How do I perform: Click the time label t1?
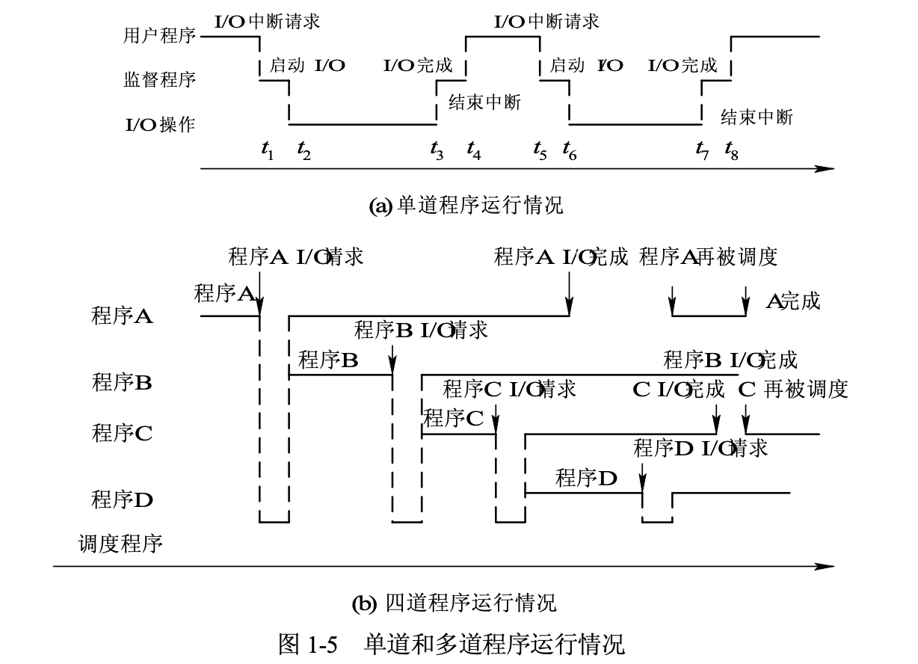coord(267,151)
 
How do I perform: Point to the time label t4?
coord(474,151)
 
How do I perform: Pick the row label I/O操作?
coord(159,124)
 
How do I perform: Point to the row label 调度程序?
coord(120,544)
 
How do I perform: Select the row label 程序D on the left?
coord(122,499)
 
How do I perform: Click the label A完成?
coord(792,301)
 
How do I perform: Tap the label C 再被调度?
coord(792,389)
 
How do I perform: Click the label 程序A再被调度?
coord(708,257)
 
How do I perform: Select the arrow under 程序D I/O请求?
coord(643,477)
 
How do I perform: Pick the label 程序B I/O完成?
coord(730,360)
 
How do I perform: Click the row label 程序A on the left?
coord(122,316)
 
